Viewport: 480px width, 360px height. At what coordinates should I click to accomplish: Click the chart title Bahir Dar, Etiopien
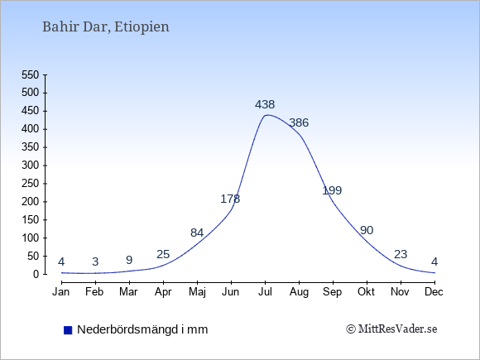pyautogui.click(x=106, y=27)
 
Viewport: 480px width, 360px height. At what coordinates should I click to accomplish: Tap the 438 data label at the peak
pyautogui.click(x=265, y=105)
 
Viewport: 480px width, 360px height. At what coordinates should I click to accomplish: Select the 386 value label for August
pyautogui.click(x=299, y=122)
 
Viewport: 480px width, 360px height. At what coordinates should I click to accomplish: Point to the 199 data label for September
pyautogui.click(x=332, y=190)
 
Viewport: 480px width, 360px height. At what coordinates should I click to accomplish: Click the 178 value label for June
pyautogui.click(x=230, y=199)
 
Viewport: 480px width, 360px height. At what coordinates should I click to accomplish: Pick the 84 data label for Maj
pyautogui.click(x=197, y=233)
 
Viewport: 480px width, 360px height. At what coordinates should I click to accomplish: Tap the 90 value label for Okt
pyautogui.click(x=367, y=230)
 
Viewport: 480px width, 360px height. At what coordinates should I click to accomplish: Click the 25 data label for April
pyautogui.click(x=163, y=254)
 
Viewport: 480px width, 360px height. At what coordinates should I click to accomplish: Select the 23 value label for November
pyautogui.click(x=401, y=254)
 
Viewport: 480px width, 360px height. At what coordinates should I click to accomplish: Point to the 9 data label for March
pyautogui.click(x=129, y=260)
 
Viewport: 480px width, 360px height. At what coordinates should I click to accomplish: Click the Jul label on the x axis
pyautogui.click(x=265, y=292)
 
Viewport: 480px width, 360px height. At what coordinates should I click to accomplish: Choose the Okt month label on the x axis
pyautogui.click(x=366, y=292)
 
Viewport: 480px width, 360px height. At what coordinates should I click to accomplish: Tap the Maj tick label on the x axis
pyautogui.click(x=197, y=292)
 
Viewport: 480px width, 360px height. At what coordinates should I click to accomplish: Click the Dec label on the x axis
pyautogui.click(x=434, y=292)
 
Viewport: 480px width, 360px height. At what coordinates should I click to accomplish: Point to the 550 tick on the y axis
pyautogui.click(x=31, y=74)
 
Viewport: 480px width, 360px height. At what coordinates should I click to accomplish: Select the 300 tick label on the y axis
pyautogui.click(x=31, y=166)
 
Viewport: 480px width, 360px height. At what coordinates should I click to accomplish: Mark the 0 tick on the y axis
pyautogui.click(x=36, y=274)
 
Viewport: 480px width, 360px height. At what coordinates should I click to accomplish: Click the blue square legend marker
pyautogui.click(x=68, y=330)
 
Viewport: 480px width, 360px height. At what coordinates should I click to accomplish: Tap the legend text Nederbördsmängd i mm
pyautogui.click(x=142, y=329)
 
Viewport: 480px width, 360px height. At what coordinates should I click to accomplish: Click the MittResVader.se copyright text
pyautogui.click(x=391, y=329)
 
